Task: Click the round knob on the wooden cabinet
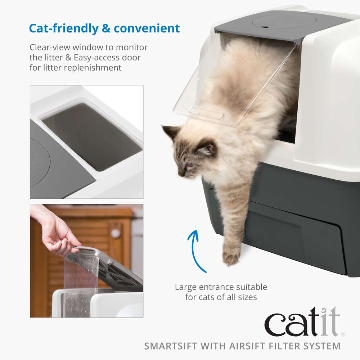tap(115, 233)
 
